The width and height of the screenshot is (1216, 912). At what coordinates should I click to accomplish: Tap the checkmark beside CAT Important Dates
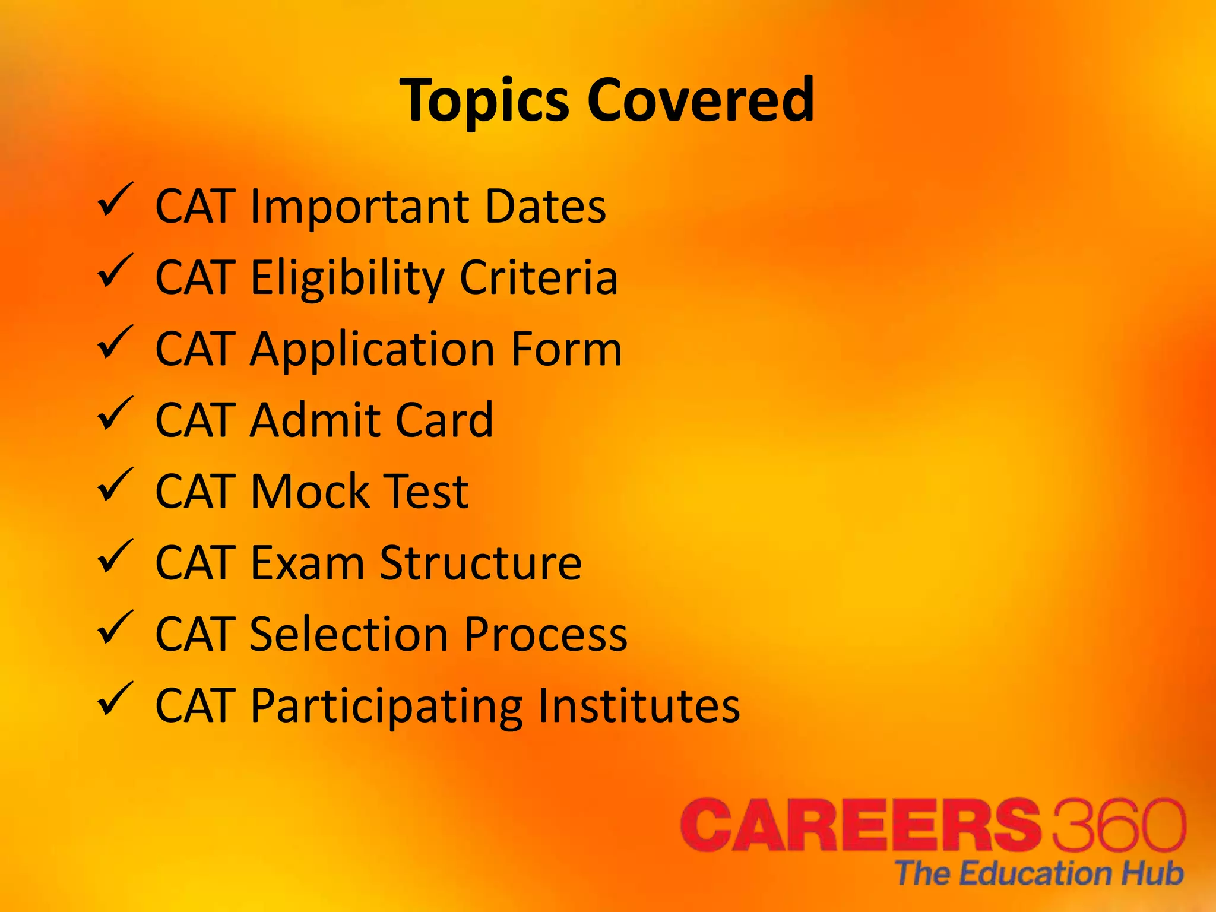pyautogui.click(x=115, y=200)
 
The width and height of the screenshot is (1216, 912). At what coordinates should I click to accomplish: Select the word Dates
pyautogui.click(x=546, y=207)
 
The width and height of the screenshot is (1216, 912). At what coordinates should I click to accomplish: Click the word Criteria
pyautogui.click(x=539, y=277)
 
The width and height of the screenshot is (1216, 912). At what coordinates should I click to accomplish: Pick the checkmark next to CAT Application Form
pyautogui.click(x=115, y=343)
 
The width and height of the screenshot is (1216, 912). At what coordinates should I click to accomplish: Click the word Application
pyautogui.click(x=372, y=350)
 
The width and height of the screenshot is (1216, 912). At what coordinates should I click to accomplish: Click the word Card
pyautogui.click(x=444, y=420)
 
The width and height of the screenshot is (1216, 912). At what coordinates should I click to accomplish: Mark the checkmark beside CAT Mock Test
pyautogui.click(x=115, y=485)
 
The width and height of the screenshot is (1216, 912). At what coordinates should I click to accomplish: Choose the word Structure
pyautogui.click(x=480, y=563)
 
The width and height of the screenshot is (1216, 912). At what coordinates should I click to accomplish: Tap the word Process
pyautogui.click(x=545, y=634)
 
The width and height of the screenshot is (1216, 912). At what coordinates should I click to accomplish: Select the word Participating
pyautogui.click(x=387, y=707)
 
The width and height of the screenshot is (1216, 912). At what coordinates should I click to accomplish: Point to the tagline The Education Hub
pyautogui.click(x=1039, y=873)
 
